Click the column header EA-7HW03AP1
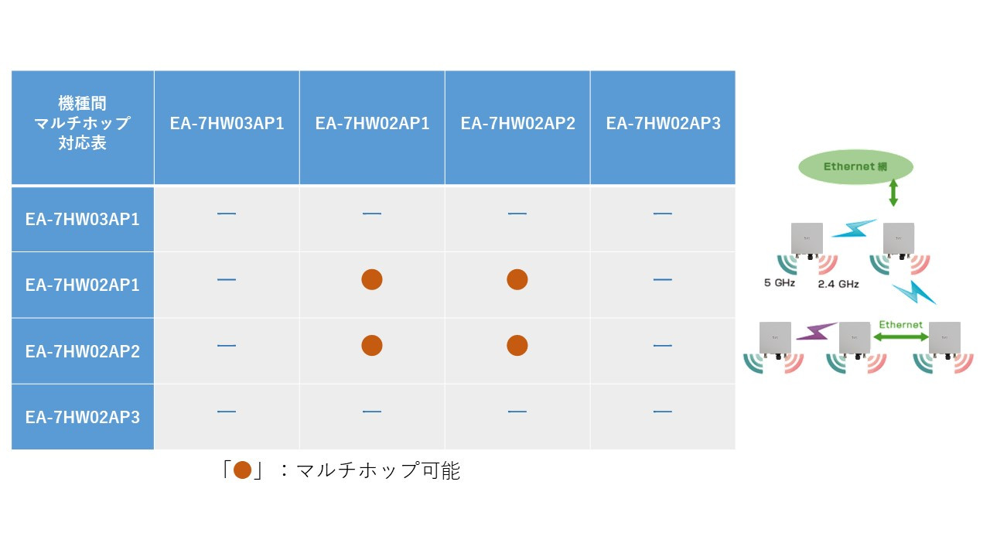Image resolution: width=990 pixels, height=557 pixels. coord(227,123)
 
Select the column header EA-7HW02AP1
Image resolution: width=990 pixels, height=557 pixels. coord(372,123)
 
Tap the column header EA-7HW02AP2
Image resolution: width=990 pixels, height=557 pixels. coord(517,123)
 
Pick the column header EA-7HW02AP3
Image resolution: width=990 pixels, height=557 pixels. coord(663,123)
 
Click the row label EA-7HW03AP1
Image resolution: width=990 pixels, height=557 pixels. coord(83,219)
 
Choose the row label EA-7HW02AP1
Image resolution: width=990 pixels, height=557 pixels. coord(83,285)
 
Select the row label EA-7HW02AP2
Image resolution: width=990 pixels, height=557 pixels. coord(83,351)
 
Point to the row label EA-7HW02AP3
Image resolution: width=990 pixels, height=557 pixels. coord(83,417)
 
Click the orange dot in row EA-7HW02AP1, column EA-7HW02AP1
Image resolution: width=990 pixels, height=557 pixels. coord(372,279)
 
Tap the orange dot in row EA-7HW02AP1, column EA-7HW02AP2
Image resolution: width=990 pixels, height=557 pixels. coord(517,279)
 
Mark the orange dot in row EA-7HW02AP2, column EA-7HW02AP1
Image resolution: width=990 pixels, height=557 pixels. coord(372,345)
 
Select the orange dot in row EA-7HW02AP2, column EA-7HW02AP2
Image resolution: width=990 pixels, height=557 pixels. coord(517,345)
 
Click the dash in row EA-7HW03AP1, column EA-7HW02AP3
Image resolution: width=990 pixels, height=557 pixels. coord(663,214)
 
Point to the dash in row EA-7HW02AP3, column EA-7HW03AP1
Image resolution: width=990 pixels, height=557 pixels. coord(227,412)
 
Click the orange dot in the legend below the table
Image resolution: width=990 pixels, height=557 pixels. coord(242,470)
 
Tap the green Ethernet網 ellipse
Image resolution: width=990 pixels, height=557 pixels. coord(855,166)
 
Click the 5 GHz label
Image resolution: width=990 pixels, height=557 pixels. coord(780,283)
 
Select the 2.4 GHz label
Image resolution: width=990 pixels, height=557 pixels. coord(838,284)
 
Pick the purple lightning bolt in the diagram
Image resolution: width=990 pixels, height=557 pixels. coord(816,332)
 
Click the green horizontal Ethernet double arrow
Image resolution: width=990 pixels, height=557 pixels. coord(901,337)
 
